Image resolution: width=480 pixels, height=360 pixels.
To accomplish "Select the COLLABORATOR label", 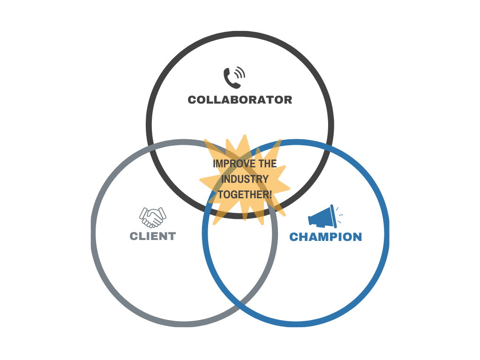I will pyautogui.click(x=240, y=100).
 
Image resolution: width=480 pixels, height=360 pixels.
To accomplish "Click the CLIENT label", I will pyautogui.click(x=153, y=236).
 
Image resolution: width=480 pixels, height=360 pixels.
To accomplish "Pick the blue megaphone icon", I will pyautogui.click(x=322, y=217).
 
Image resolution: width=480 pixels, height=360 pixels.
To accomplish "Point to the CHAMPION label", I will pyautogui.click(x=325, y=237).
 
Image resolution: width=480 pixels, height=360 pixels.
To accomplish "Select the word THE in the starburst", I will pyautogui.click(x=268, y=164).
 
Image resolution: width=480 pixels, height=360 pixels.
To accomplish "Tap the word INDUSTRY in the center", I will pyautogui.click(x=245, y=179).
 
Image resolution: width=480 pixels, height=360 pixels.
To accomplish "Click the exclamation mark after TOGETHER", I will pyautogui.click(x=270, y=194).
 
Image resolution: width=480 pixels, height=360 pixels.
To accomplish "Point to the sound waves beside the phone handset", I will pyautogui.click(x=240, y=73).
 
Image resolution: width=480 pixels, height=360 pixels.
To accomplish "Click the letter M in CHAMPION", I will pyautogui.click(x=315, y=237).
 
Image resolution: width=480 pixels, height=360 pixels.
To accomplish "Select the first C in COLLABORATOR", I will pyautogui.click(x=192, y=100).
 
